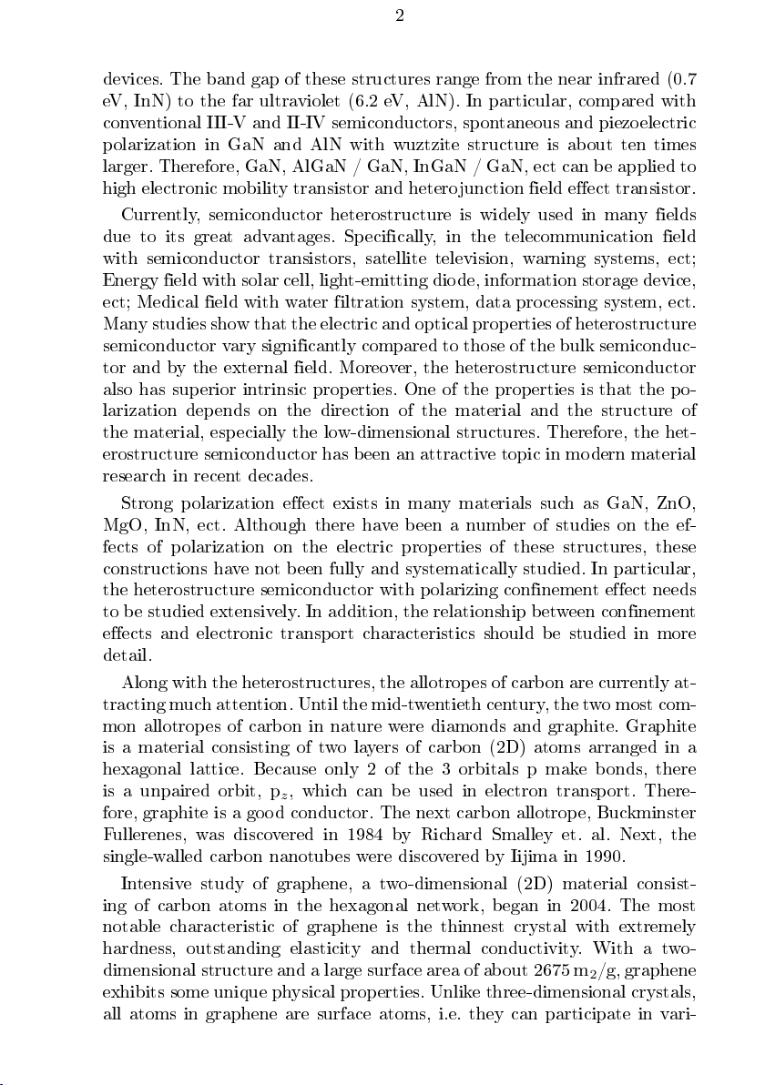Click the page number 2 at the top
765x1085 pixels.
click(400, 15)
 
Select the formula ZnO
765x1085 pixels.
click(675, 503)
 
